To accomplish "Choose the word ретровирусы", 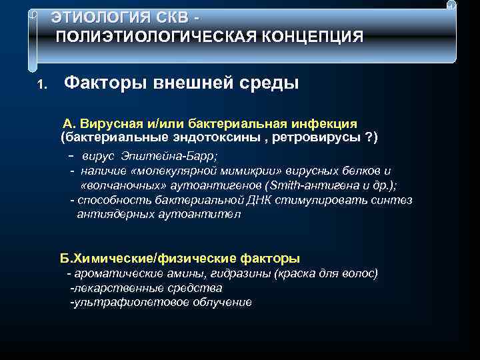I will [x=317, y=137].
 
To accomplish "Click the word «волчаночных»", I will [x=115, y=185].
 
